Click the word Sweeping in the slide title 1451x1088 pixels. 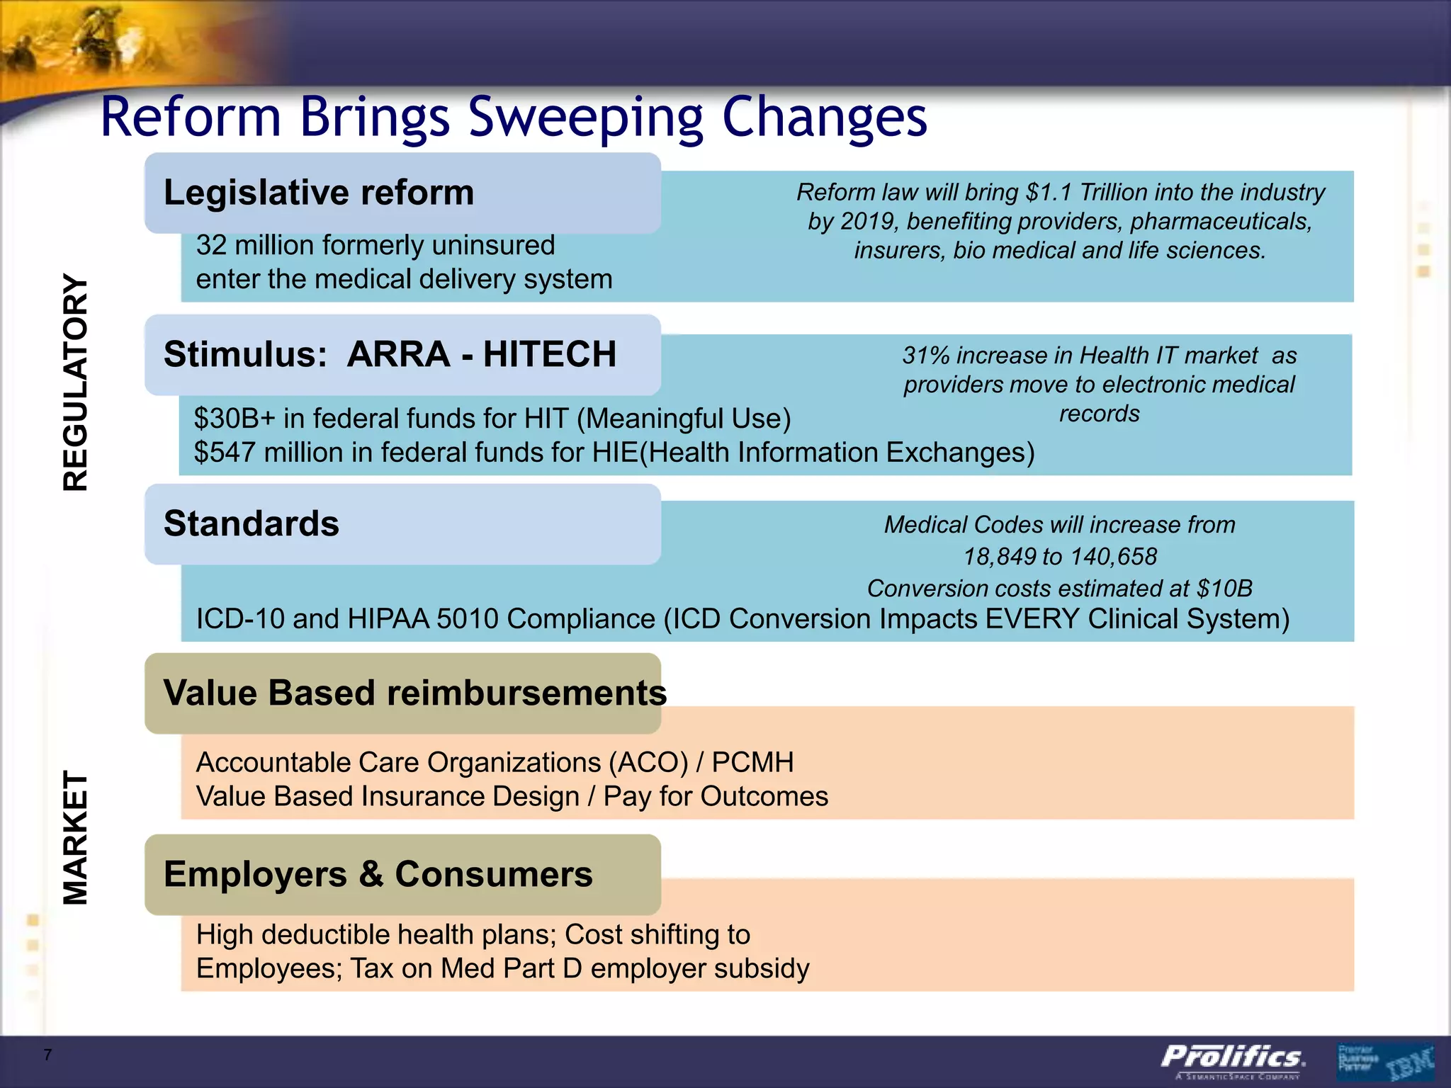pos(587,117)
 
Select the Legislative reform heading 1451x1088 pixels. pos(319,193)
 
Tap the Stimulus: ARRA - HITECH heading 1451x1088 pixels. pos(390,354)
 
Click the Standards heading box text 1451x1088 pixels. pos(252,524)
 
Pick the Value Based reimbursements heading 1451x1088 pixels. pos(414,693)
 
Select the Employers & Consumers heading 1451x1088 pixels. pos(378,874)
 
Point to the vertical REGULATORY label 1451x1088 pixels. pos(75,382)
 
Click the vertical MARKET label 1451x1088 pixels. pos(75,837)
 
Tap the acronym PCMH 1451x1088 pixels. pos(752,763)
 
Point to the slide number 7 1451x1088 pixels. pos(47,1055)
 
